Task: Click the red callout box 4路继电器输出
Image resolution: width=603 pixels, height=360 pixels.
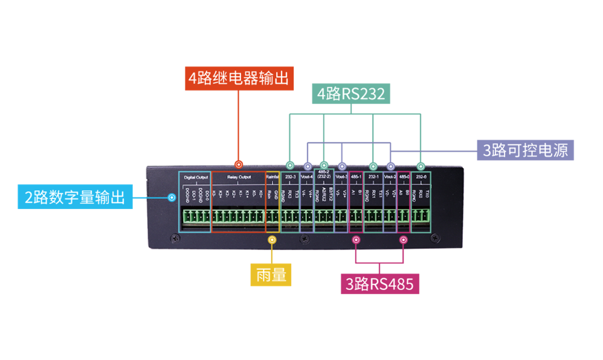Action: [x=239, y=79]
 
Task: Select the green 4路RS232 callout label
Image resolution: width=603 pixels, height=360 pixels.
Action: [x=351, y=95]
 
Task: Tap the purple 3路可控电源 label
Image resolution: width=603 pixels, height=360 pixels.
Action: [x=525, y=149]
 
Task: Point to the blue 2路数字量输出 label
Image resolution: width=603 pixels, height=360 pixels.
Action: [x=75, y=197]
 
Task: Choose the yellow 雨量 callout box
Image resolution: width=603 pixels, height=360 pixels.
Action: [x=271, y=275]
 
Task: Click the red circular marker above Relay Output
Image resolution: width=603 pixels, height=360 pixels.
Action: [x=239, y=164]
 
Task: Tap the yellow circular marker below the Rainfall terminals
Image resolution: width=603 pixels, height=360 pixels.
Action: [x=272, y=240]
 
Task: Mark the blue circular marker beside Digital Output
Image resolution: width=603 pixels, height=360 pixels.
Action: [x=172, y=197]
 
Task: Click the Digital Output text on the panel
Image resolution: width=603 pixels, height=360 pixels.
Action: [x=196, y=177]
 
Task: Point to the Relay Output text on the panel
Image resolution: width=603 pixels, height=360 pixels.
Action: [x=239, y=177]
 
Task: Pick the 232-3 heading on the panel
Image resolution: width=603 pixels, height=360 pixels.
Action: [x=291, y=177]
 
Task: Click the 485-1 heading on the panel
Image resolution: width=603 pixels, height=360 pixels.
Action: [x=356, y=177]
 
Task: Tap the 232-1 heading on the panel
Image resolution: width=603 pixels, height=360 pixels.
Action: [x=373, y=177]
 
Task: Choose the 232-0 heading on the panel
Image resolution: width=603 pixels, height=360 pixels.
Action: [x=421, y=177]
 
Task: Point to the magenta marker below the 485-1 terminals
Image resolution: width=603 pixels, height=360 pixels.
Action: [x=356, y=240]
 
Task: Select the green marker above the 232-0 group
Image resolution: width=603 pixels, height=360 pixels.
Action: [x=421, y=166]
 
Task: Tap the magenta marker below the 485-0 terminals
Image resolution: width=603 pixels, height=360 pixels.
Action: [x=404, y=240]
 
